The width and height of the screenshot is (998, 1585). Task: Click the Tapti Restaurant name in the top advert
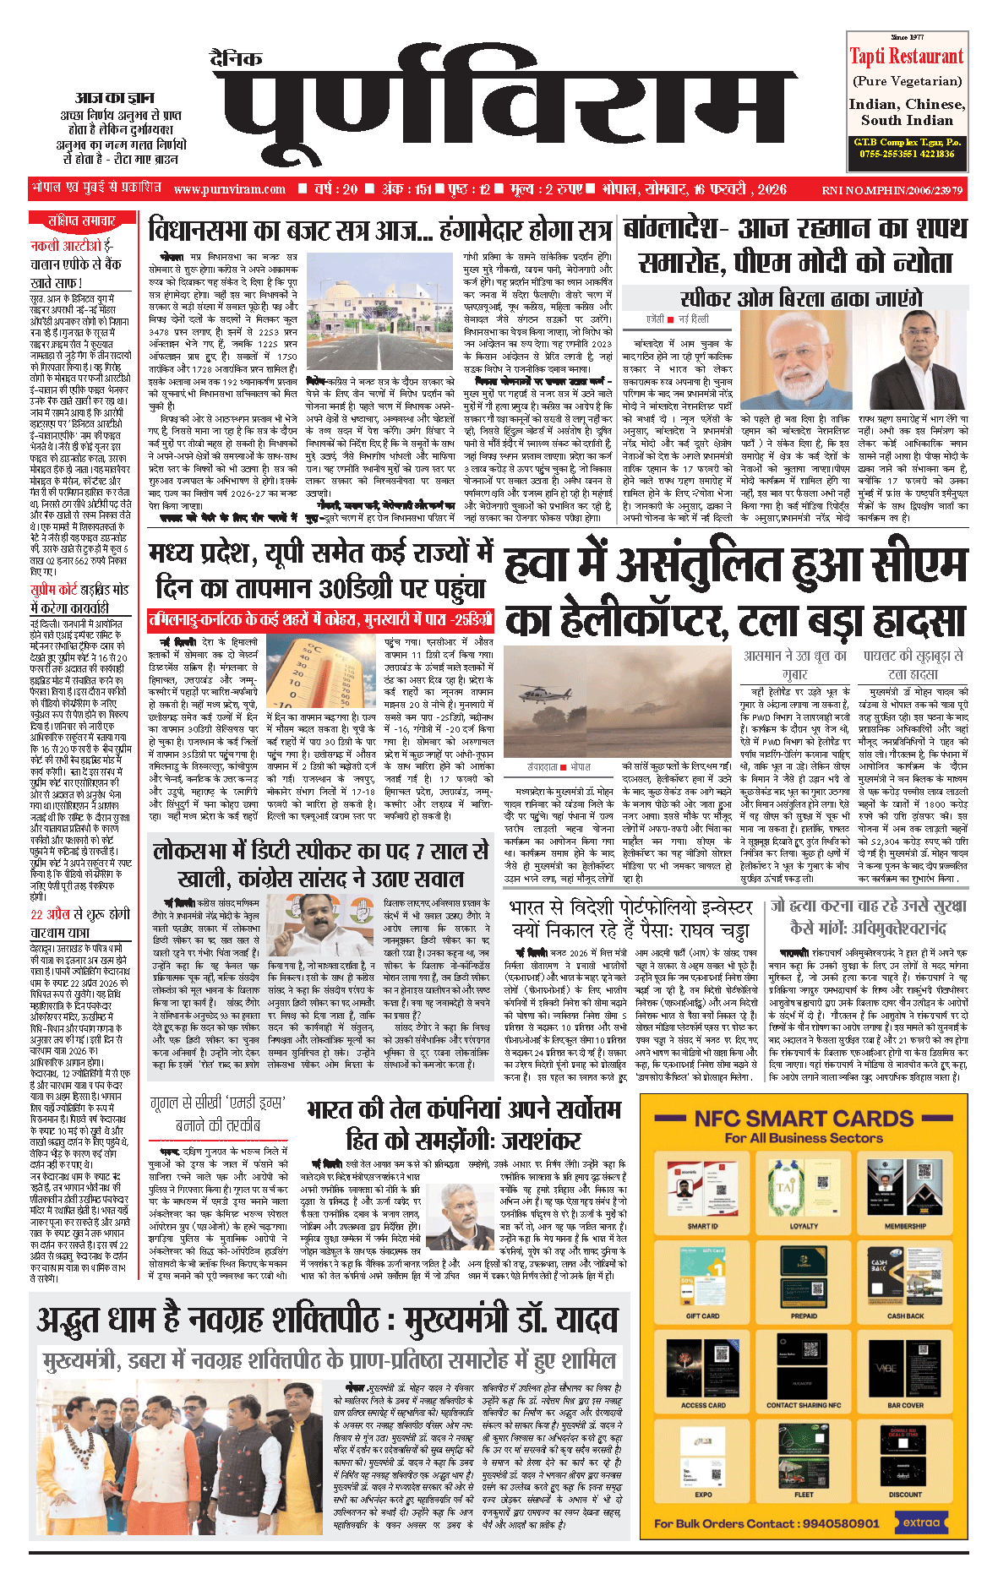906,57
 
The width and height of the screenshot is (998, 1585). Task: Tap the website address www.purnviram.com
230,190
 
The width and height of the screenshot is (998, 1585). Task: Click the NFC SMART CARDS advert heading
804,1119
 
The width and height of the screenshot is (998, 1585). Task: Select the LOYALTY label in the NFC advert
804,1226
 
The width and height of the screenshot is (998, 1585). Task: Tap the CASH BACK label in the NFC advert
905,1315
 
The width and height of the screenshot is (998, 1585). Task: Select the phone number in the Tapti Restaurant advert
907,154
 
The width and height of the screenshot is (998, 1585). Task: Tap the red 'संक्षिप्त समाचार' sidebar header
81,221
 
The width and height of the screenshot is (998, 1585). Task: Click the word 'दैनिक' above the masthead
236,59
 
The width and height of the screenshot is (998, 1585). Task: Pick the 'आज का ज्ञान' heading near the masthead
115,98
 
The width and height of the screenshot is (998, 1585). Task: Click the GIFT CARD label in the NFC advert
702,1315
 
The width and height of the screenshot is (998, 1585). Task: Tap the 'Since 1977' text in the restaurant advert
907,37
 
